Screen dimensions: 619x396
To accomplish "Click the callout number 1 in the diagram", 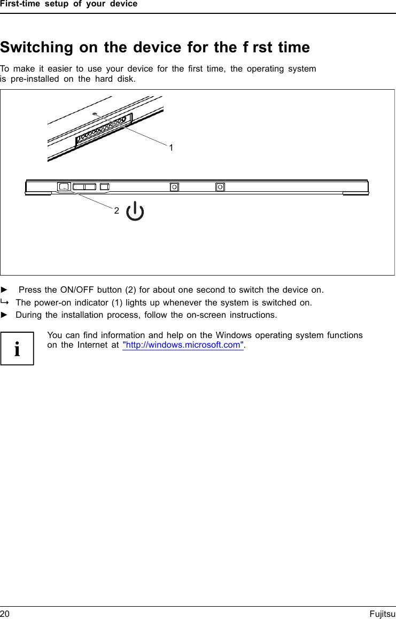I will [171, 147].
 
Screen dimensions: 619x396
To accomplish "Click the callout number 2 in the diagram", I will [117, 210].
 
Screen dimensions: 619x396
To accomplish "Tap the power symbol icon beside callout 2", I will [135, 211].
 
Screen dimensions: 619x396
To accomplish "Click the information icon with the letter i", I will [17, 348].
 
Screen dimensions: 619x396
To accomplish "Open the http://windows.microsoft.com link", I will [183, 345].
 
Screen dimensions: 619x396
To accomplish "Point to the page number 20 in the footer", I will [5, 614].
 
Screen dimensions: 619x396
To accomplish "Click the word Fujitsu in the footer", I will [382, 614].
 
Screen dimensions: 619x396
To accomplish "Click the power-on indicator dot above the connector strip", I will [95, 114].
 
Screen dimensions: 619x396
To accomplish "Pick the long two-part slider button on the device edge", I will [84, 187].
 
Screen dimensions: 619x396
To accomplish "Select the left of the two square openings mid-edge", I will [174, 187].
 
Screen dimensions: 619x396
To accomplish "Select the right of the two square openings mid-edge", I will [220, 187].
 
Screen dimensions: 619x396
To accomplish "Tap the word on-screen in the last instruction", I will [206, 315].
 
